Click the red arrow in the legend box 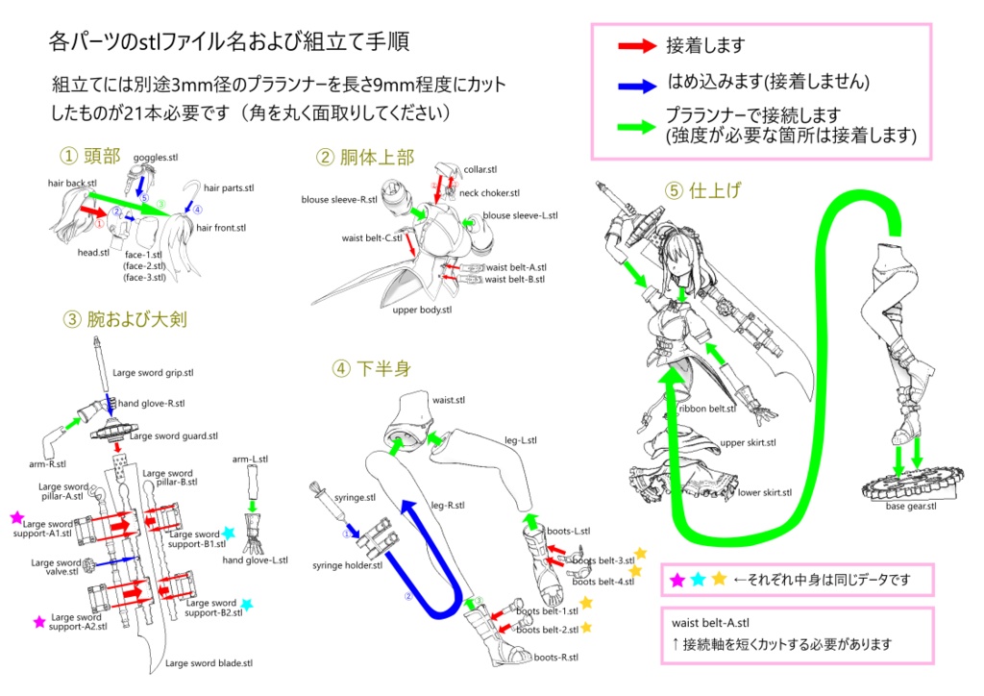pos(635,45)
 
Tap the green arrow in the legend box pos(635,122)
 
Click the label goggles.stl pos(156,157)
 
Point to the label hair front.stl pos(221,228)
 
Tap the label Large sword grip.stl pos(154,372)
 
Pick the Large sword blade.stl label pos(209,662)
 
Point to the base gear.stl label pos(910,506)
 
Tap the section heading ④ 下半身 pos(372,369)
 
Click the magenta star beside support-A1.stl pos(16,517)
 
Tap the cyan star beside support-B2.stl pos(247,605)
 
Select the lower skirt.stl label pos(765,492)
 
